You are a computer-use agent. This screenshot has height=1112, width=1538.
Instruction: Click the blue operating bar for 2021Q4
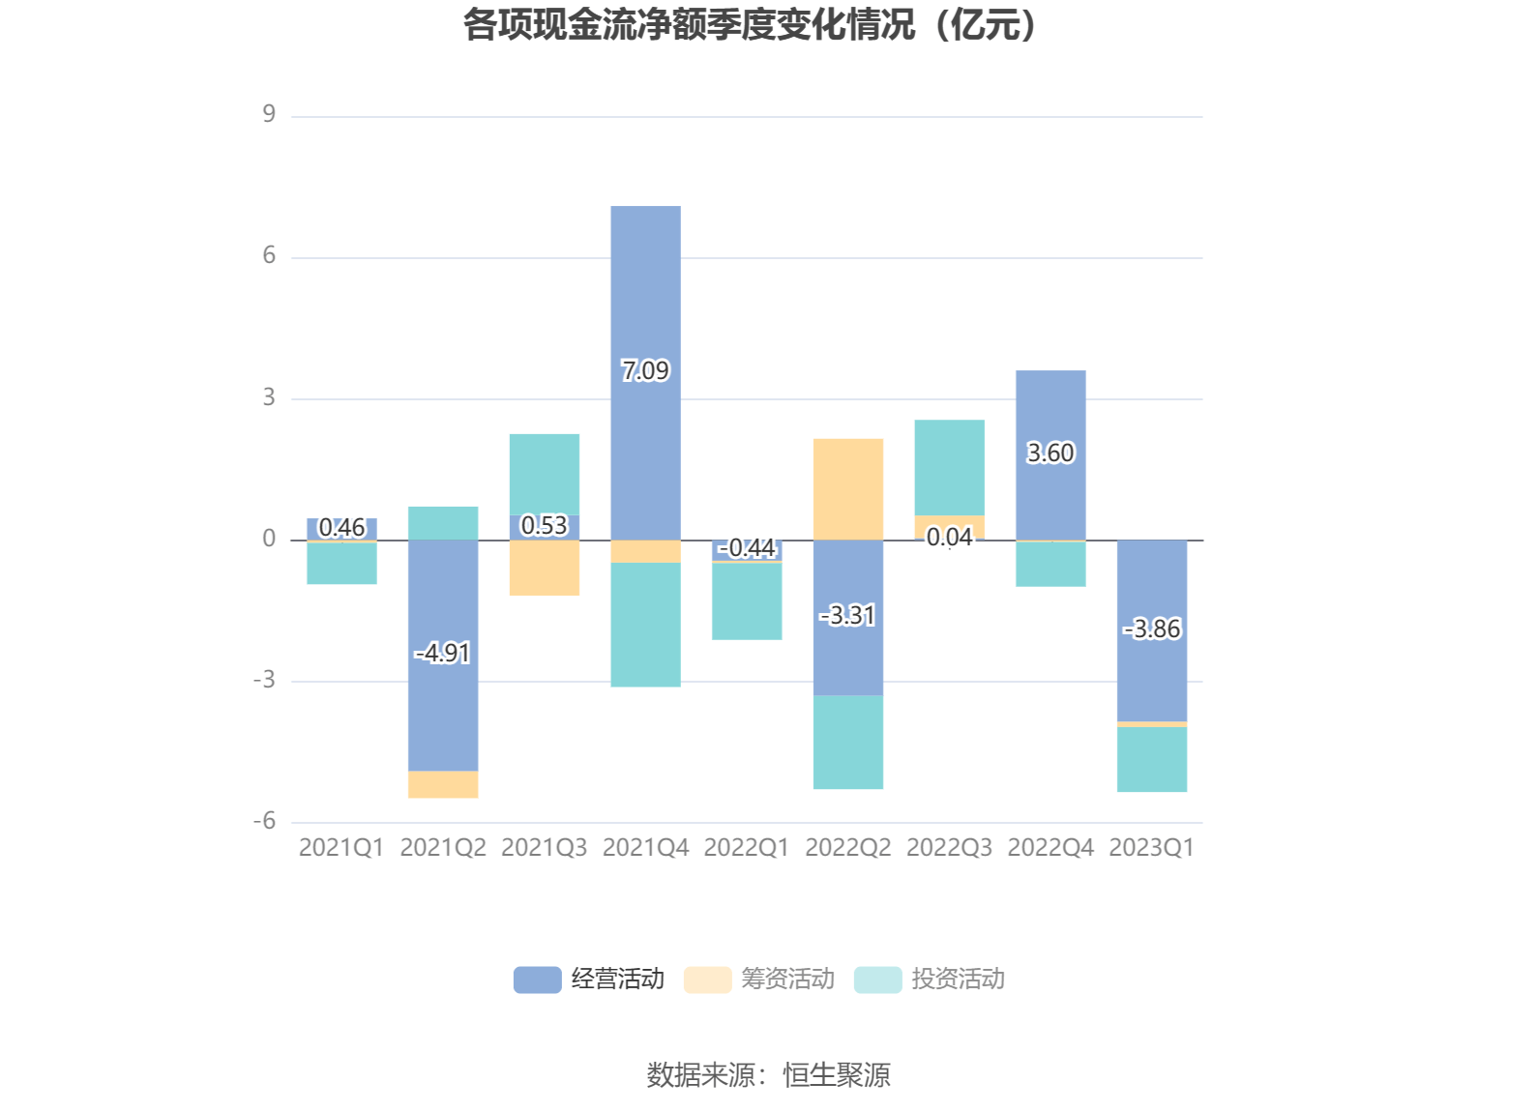[645, 290]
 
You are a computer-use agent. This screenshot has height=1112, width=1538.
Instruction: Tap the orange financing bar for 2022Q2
[848, 488]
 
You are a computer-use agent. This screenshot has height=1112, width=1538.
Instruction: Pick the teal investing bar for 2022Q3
[949, 467]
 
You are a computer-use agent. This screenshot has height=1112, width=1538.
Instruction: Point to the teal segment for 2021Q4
[645, 625]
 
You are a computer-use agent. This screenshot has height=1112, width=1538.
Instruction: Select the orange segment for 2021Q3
[545, 568]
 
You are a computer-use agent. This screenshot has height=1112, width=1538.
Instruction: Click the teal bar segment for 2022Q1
[747, 600]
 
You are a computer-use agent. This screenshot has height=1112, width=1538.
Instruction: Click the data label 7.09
[645, 370]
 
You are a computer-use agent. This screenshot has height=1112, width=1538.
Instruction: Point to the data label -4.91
[443, 654]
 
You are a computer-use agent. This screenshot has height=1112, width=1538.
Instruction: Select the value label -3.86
[1152, 629]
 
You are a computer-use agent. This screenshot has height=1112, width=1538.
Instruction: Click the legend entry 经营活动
[590, 980]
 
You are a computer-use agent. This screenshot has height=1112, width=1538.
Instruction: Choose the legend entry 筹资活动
[760, 980]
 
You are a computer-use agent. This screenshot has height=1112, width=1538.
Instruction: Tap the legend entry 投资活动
[931, 980]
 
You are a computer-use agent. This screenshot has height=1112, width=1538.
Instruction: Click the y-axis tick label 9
[269, 115]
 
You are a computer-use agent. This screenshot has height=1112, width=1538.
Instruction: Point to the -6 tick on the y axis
[265, 822]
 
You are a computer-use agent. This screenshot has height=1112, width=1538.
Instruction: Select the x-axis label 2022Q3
[949, 848]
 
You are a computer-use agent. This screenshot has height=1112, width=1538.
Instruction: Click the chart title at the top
[751, 25]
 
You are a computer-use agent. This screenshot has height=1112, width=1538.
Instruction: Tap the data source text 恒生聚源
[837, 1075]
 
